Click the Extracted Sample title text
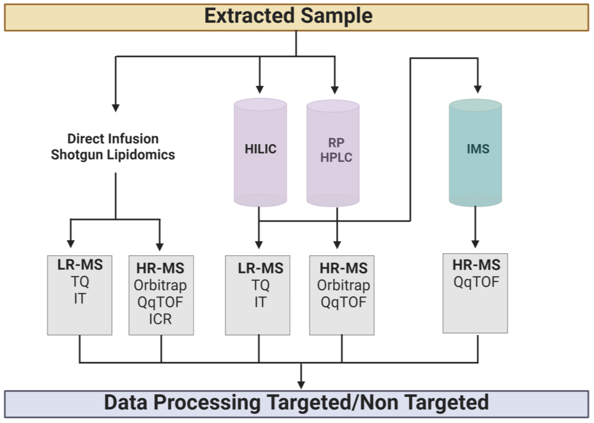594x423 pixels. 288,16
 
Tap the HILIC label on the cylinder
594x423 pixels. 260,149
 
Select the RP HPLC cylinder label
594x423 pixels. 336,150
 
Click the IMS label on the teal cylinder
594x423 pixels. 478,149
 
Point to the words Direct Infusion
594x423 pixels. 113,139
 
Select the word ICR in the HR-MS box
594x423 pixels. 160,319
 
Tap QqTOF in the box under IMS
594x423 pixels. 476,282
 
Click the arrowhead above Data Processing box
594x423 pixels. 301,385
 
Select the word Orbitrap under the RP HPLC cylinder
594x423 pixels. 343,285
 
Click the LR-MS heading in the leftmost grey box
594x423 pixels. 80,265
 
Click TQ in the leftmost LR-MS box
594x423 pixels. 80,282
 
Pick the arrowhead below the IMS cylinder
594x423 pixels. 475,244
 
